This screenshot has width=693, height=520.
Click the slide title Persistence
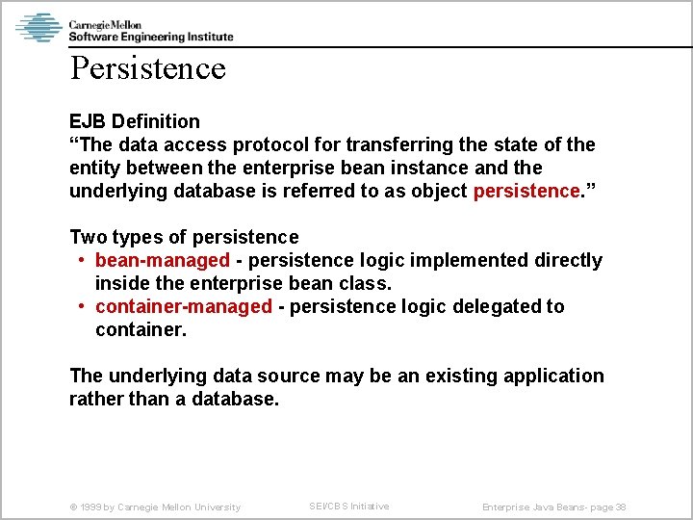[147, 68]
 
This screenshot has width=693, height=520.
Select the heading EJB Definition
[135, 121]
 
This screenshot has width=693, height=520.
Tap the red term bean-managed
[163, 260]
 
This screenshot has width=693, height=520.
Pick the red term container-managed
[184, 306]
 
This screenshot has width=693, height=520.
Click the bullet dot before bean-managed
[83, 261]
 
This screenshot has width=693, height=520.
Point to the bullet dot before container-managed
[83, 307]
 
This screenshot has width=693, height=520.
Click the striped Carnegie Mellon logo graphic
[39, 27]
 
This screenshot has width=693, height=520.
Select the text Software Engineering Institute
[150, 37]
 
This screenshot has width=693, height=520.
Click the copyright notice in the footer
[155, 507]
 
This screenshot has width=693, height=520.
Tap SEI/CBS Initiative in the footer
[348, 507]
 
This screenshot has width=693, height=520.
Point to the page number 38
[621, 507]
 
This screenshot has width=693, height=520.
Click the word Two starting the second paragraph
[88, 237]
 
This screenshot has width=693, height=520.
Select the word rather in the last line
[95, 399]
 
